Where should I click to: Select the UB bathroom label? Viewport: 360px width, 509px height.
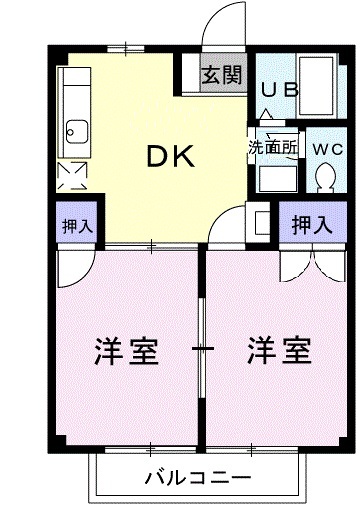pyautogui.click(x=280, y=89)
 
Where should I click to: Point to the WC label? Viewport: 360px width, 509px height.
pyautogui.click(x=326, y=149)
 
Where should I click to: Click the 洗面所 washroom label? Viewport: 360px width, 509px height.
pyautogui.click(x=273, y=146)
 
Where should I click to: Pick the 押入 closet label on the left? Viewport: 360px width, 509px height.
pyautogui.click(x=76, y=225)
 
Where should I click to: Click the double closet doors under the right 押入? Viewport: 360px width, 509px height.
pyautogui.click(x=311, y=262)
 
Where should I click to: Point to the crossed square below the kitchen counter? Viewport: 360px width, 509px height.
pyautogui.click(x=73, y=176)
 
